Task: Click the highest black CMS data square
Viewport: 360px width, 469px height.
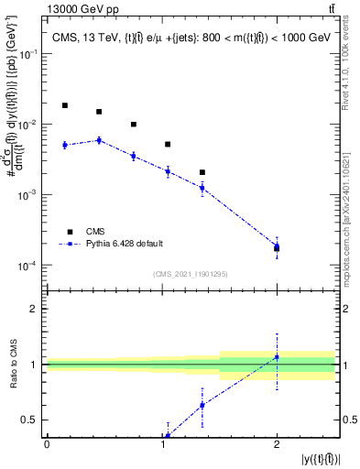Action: click(x=65, y=105)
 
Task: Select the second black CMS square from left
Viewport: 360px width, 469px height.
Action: click(x=99, y=112)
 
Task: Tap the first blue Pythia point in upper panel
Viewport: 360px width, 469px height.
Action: click(x=65, y=145)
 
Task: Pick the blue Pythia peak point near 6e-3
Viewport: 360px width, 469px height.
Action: click(x=99, y=140)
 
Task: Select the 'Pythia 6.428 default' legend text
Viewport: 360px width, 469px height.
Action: click(x=125, y=244)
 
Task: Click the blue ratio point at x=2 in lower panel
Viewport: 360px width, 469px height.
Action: click(x=277, y=357)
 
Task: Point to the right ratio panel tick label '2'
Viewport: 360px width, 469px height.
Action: click(x=349, y=309)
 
